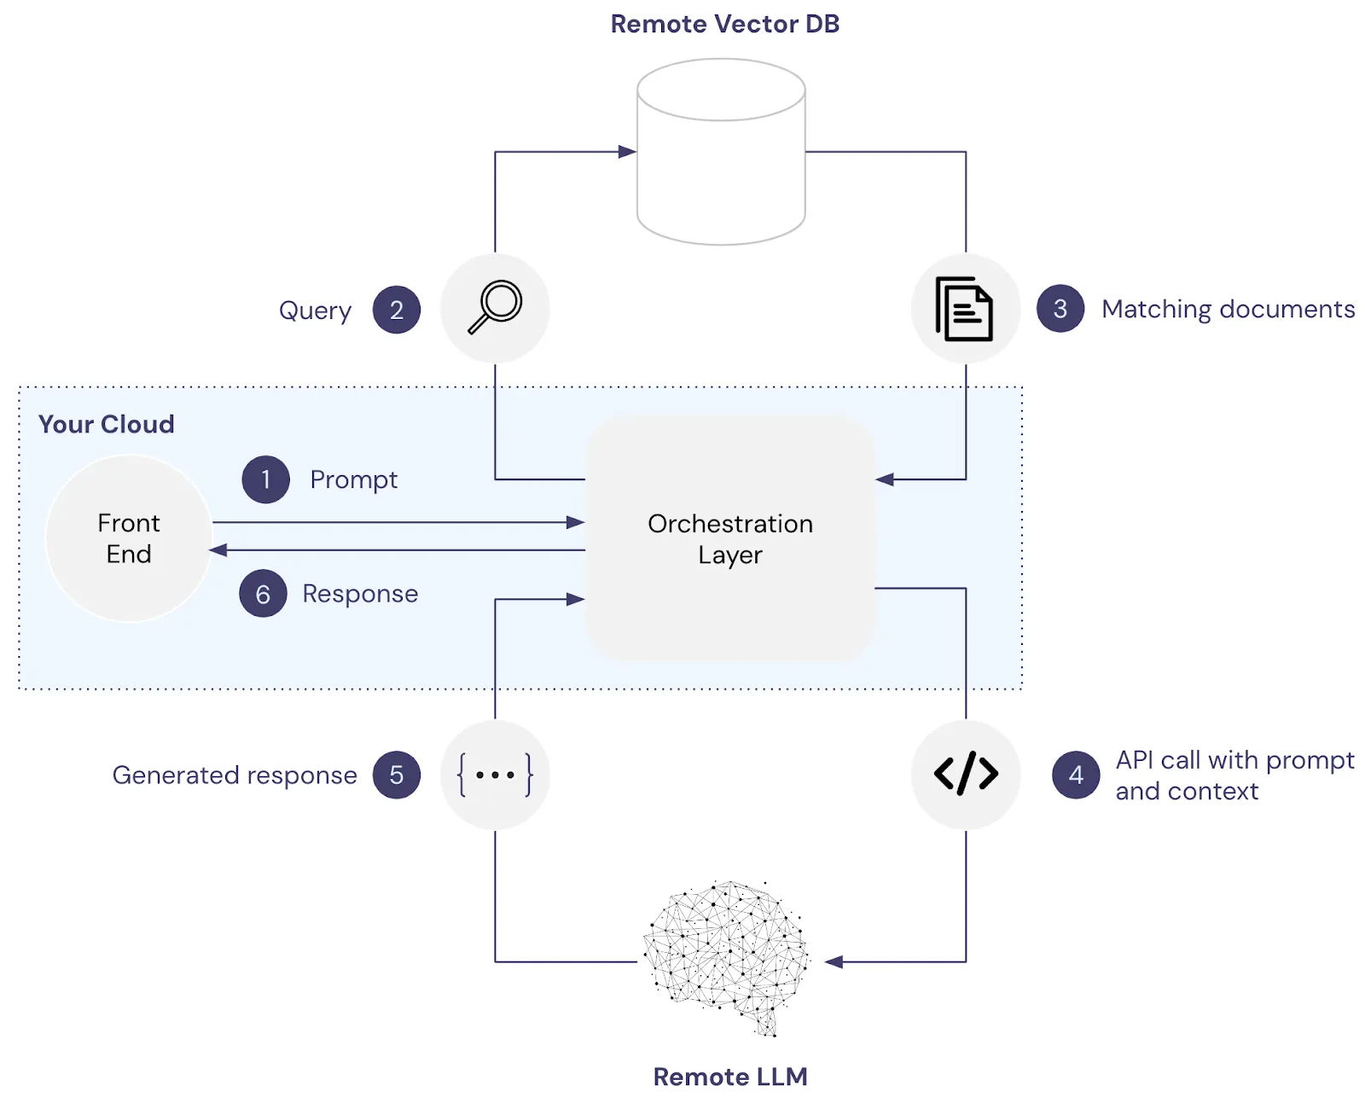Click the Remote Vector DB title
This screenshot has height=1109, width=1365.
724,24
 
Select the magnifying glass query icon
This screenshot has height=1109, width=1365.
495,307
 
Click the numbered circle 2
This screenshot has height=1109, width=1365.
397,310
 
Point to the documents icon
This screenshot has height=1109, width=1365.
965,308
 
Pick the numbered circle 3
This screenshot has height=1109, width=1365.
1060,309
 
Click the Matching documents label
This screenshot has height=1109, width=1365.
1228,309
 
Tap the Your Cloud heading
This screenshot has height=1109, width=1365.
106,424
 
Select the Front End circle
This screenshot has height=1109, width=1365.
129,538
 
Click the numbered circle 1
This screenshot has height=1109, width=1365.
266,479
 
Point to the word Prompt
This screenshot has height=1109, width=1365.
353,479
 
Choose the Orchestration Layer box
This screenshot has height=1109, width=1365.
730,538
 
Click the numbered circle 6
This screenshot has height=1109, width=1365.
263,594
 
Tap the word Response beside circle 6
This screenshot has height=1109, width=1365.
360,594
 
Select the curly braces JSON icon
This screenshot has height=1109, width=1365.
495,775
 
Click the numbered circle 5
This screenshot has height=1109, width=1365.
397,775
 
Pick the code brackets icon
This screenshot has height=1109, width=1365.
966,774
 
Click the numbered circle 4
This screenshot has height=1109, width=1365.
1076,775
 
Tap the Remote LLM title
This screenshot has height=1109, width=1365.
730,1077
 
